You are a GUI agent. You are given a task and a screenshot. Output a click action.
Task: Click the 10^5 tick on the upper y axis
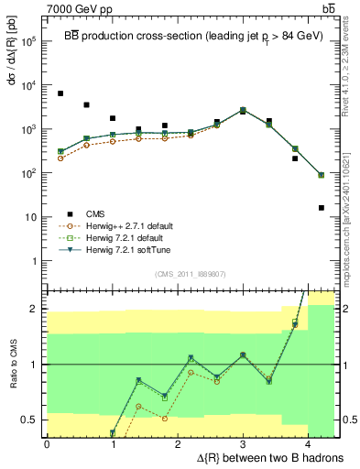29,41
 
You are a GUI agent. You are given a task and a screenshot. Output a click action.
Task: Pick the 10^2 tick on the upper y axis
29,173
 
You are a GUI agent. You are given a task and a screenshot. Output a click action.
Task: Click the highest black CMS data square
60,93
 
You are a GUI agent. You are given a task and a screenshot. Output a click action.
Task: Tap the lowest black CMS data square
322,208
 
